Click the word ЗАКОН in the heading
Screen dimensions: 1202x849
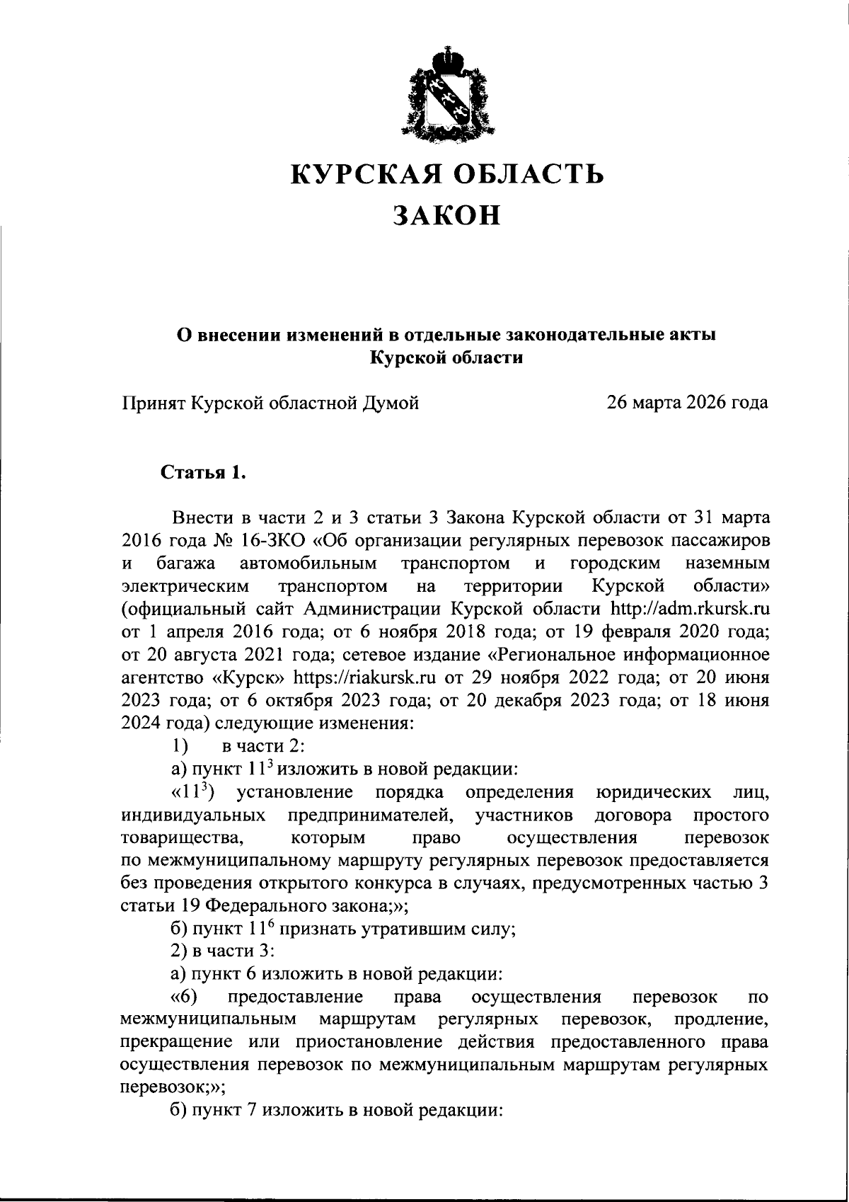pos(446,215)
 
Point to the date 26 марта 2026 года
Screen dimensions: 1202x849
pos(687,403)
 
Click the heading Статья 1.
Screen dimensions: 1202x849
pos(204,472)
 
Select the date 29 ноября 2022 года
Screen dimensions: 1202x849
pos(552,677)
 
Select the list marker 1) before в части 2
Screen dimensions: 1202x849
pos(179,746)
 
